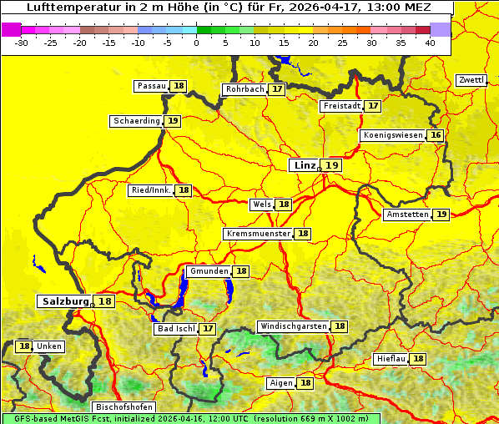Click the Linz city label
304,165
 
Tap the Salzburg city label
65,301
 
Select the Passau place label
151,86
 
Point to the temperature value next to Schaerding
173,121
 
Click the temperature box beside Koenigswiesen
436,135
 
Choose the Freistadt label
341,106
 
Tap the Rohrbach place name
244,89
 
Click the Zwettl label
471,80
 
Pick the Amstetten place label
406,215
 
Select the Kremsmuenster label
258,234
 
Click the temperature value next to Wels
284,204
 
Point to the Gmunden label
208,271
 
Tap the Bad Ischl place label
175,329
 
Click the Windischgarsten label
292,326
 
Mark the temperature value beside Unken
24,346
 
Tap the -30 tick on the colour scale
22,43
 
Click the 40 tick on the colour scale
430,43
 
